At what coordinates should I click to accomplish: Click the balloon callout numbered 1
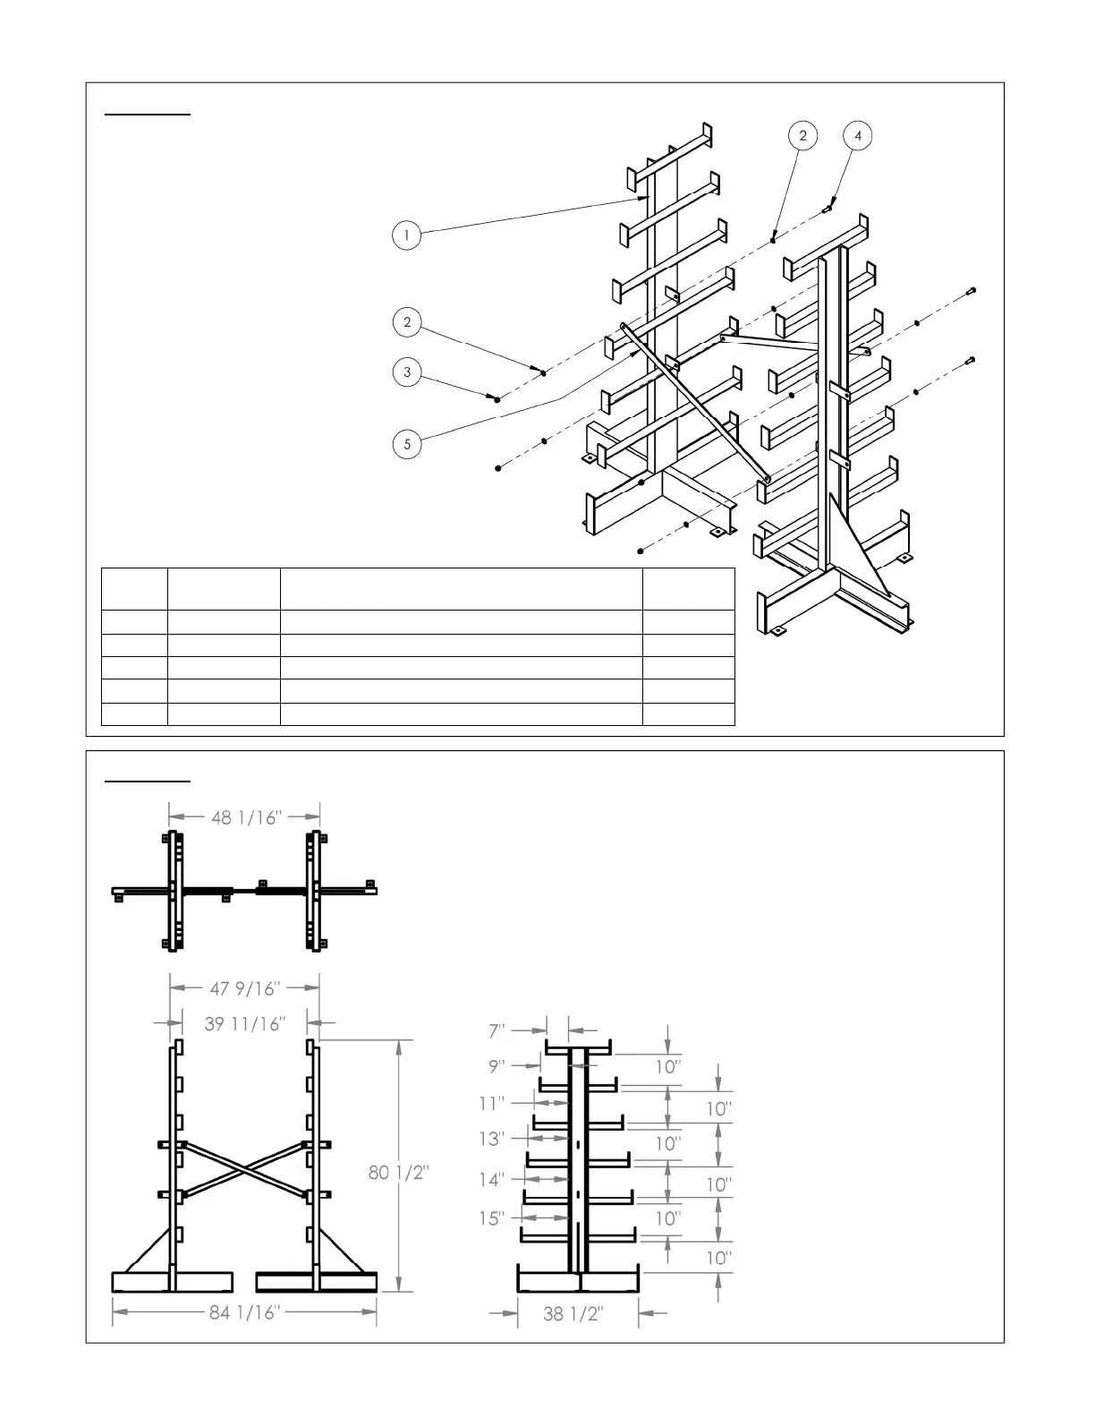pos(407,235)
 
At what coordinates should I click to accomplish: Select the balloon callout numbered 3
pos(407,372)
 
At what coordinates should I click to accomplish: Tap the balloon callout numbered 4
pos(858,135)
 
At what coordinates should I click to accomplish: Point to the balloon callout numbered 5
pos(407,444)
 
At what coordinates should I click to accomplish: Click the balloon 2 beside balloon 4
pos(802,135)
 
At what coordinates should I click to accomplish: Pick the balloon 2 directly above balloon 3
pos(407,322)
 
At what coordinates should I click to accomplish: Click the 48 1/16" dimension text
pos(246,817)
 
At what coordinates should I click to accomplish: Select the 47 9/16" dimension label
pos(246,988)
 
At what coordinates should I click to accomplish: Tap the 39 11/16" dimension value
pos(244,1023)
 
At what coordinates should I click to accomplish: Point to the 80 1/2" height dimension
pos(399,1172)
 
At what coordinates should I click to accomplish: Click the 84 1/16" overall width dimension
pos(245,1313)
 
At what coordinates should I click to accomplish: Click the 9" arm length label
pos(497,1066)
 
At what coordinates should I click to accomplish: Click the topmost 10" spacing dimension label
pos(668,1066)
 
